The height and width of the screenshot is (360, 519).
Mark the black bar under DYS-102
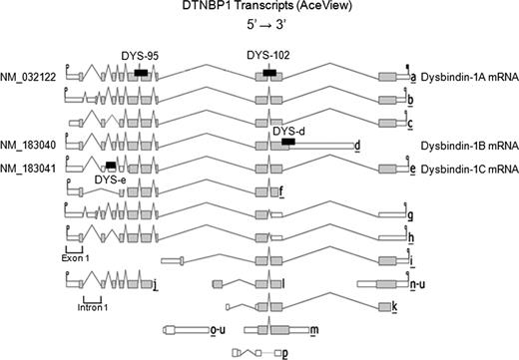tap(270, 73)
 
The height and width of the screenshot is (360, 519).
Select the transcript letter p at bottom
tap(286, 352)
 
